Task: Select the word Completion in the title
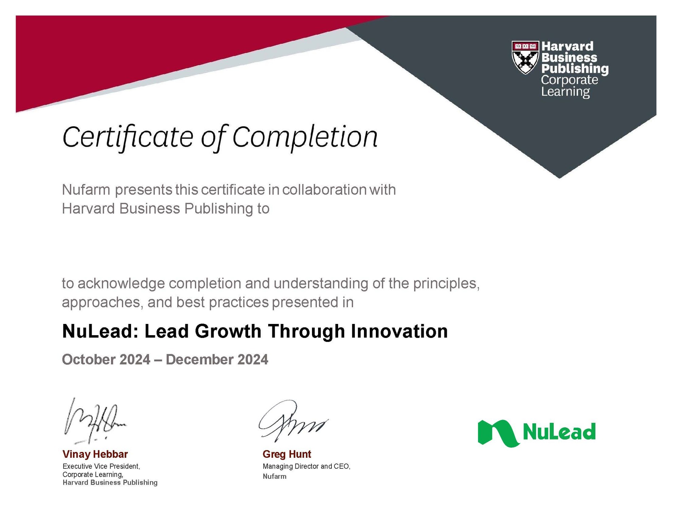tap(305, 138)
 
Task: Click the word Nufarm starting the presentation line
tap(86, 190)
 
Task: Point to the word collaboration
tap(324, 190)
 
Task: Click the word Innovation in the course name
tap(399, 331)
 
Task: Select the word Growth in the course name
tap(228, 331)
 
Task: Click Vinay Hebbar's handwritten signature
tap(94, 421)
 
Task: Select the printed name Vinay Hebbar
tap(95, 454)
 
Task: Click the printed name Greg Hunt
tap(287, 454)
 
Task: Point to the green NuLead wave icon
tap(498, 433)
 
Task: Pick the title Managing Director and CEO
tap(306, 467)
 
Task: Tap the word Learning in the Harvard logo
tap(566, 92)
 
